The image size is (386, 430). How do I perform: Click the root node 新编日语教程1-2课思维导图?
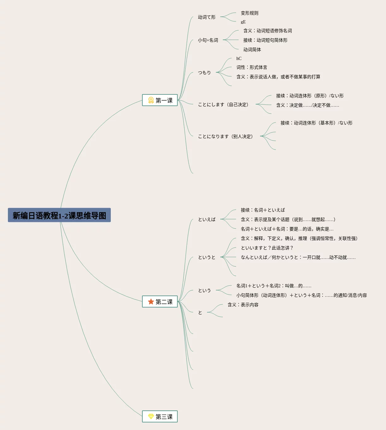59,215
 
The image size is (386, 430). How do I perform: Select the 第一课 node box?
160,100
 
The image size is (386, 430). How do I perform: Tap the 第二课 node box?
160,302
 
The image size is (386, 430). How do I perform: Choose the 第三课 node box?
160,417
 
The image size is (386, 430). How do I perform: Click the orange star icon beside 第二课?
151,302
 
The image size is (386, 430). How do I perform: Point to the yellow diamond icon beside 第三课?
151,417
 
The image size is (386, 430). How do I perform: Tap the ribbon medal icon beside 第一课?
151,100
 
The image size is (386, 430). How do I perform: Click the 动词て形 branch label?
207,17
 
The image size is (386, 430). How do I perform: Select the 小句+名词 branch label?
208,40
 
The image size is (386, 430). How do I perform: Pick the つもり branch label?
205,73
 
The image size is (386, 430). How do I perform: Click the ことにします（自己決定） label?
223,105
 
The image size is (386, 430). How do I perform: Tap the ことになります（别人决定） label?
226,136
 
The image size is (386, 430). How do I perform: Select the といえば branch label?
207,219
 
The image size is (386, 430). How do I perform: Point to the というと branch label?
207,257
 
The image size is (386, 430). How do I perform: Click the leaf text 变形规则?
250,13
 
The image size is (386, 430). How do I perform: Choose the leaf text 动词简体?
252,50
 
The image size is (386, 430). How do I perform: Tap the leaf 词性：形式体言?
252,67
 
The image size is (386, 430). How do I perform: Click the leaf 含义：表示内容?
243,305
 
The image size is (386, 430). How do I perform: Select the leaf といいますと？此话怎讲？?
267,248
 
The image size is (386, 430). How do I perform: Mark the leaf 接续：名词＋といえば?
263,210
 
